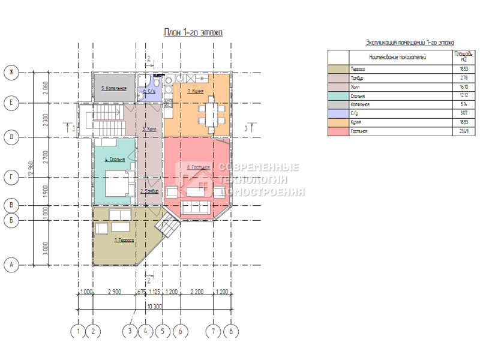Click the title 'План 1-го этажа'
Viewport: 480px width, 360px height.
[x=194, y=32]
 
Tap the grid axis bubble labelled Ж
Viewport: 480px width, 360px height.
[x=11, y=73]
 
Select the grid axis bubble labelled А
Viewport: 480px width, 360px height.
[x=11, y=264]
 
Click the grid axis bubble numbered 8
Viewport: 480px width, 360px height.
[x=230, y=331]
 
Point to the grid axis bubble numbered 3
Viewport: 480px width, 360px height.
[x=130, y=331]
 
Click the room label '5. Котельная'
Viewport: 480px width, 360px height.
[x=113, y=89]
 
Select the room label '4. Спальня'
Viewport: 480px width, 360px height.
[x=115, y=160]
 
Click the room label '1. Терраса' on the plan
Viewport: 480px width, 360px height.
[x=124, y=240]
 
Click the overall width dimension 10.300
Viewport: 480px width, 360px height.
[x=154, y=307]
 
